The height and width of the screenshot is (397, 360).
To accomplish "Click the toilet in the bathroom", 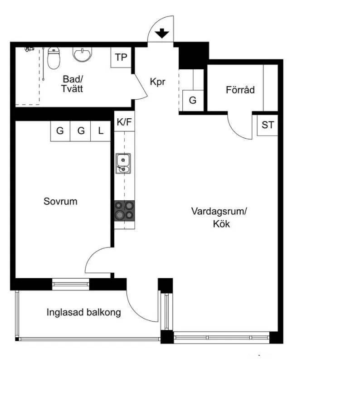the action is point(54,58).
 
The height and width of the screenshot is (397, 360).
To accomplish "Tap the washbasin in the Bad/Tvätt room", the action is point(83,54).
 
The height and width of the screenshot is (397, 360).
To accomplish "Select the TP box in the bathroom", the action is point(121,58).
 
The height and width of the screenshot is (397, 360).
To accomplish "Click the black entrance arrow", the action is point(162,34).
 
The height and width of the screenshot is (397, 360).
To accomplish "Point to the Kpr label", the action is point(158,82).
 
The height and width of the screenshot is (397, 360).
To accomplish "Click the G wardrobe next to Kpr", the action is point(193,101).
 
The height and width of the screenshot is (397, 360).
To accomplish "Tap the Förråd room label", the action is point(240,90).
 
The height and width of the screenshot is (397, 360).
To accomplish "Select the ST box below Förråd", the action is point(268,125).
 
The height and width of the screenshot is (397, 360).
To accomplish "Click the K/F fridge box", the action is point(124,121).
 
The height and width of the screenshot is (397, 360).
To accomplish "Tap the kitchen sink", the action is point(123,163).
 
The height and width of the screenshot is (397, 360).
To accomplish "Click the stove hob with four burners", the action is point(124,211).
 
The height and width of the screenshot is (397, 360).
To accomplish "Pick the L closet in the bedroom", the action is point(101,131).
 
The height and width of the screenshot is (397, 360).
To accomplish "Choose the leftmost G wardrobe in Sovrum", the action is point(60,131).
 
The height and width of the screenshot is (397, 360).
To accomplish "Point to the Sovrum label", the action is point(60,202).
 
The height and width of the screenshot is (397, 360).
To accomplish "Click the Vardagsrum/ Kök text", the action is point(219,218).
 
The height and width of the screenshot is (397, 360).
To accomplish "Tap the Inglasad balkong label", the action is point(83,312).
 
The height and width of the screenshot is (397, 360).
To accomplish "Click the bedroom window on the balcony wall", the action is point(71,284).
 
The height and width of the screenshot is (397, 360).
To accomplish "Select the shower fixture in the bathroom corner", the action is point(29,49).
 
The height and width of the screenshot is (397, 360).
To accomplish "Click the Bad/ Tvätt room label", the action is point(72,84).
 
